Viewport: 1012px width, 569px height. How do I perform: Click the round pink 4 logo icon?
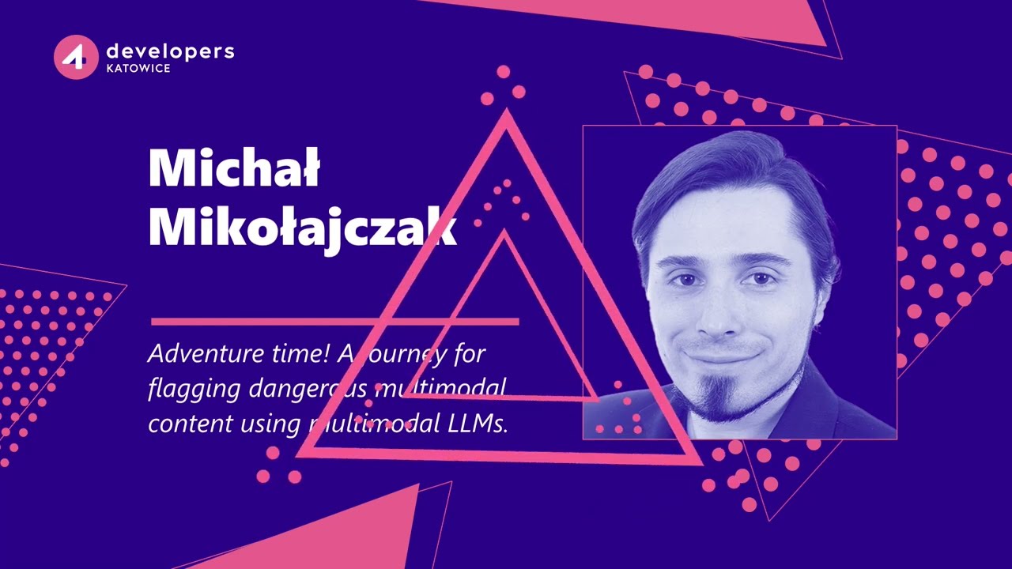(76, 57)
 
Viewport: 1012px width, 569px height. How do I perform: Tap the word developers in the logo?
(170, 51)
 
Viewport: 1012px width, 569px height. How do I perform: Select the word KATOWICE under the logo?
(138, 69)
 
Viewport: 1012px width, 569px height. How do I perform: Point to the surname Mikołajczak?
(302, 228)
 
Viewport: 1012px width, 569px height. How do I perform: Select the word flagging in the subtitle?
(194, 389)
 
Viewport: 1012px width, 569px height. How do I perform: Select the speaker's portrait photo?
(739, 282)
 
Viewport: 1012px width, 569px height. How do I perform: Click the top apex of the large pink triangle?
(506, 115)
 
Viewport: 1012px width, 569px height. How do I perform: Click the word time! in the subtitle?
(300, 353)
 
